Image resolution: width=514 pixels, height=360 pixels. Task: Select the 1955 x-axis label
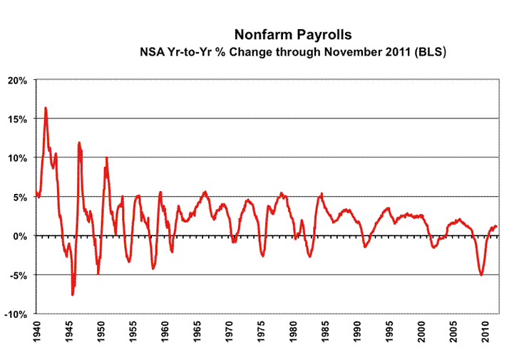point(133,332)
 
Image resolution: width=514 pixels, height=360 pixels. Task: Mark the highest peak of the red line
point(46,108)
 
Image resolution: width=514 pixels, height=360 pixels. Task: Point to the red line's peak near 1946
point(79,142)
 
